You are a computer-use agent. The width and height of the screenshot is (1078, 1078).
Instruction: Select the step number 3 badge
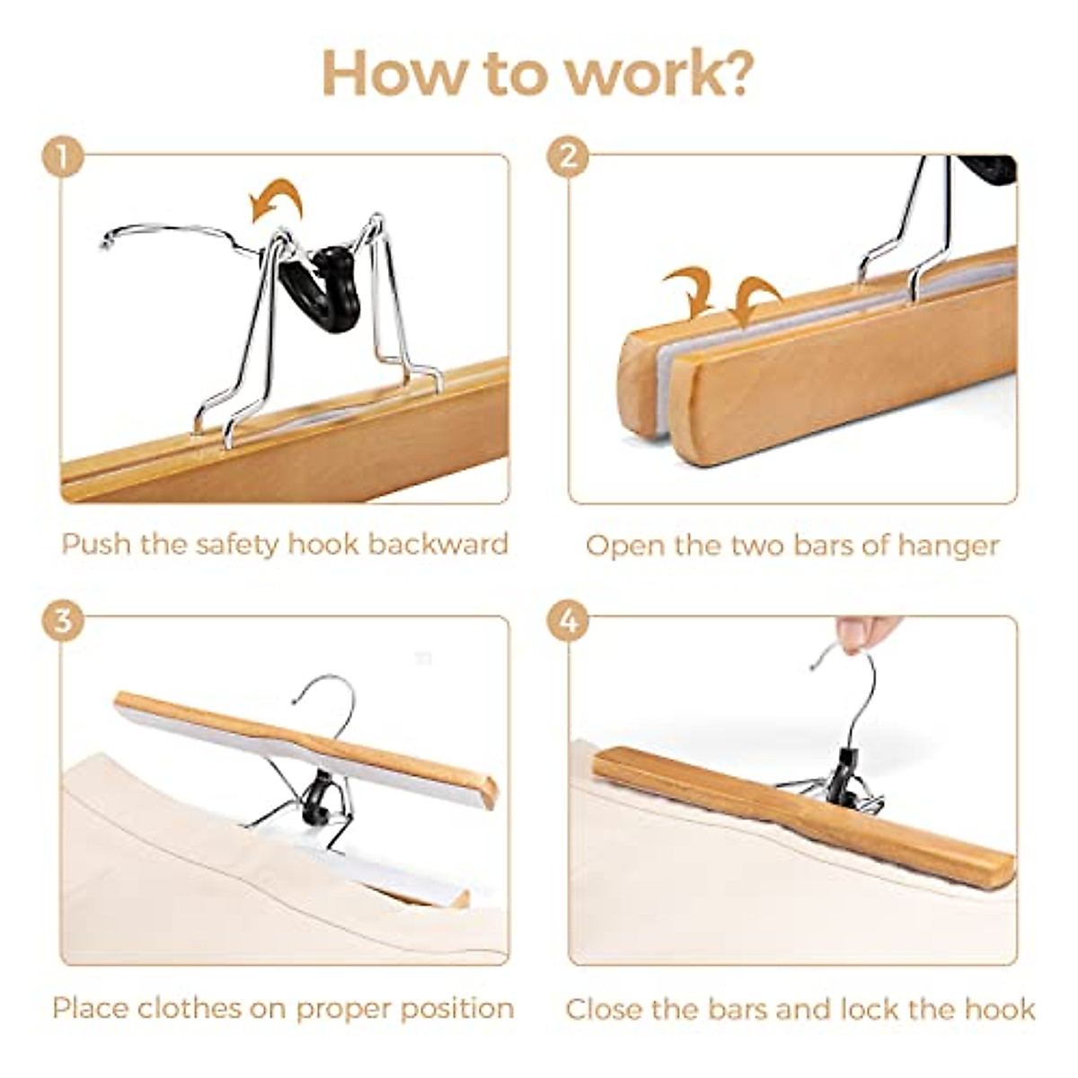(62, 621)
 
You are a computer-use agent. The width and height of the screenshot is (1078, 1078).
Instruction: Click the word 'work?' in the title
(658, 74)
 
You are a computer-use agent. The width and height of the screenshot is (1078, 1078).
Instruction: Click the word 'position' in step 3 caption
(457, 1008)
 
